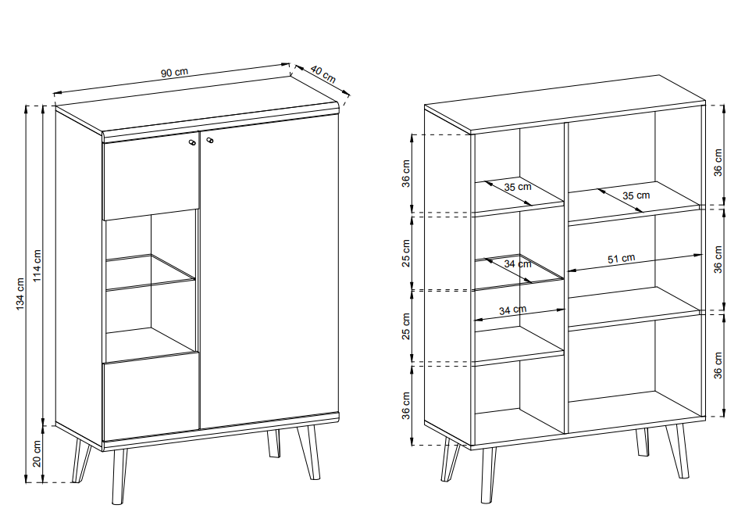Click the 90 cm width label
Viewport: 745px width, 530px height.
(174, 73)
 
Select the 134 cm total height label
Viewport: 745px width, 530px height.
(20, 294)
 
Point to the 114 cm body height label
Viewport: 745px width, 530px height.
(37, 266)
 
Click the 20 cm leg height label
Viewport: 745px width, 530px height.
(37, 453)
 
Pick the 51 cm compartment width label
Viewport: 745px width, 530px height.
(622, 258)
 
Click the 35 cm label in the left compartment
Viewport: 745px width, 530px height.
(518, 187)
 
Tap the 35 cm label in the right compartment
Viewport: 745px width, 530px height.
(636, 195)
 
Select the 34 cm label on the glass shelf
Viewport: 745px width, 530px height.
(518, 263)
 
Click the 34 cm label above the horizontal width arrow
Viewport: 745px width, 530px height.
(512, 310)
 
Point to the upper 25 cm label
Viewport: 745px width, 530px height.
(406, 253)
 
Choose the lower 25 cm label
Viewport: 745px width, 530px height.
(406, 326)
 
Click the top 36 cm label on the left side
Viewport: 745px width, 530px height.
(406, 174)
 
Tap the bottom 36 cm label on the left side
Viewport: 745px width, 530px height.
(406, 406)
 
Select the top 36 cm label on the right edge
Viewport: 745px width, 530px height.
(718, 163)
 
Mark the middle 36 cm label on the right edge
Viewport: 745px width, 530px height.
(718, 260)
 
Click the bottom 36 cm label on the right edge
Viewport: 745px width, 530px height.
(718, 365)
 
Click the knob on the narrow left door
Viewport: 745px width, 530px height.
(192, 142)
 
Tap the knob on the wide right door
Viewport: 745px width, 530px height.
(210, 140)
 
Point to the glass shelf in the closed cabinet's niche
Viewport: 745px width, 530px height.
(150, 273)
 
